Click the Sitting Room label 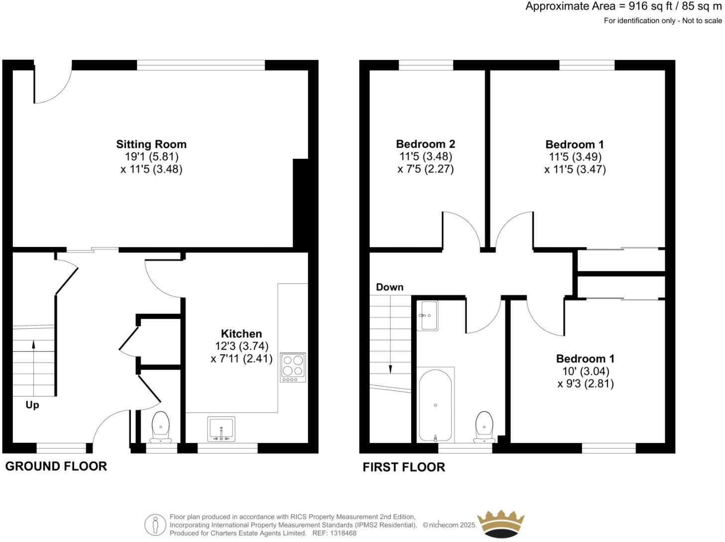tap(151, 144)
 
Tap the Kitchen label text tap(242, 334)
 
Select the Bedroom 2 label tap(425, 144)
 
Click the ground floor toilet tap(160, 426)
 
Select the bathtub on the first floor tap(435, 405)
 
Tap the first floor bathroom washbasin tap(429, 315)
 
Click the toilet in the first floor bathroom tap(484, 426)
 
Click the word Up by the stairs tap(32, 405)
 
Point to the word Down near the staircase tap(389, 287)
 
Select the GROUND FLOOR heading tap(56, 466)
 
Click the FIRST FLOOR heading tap(403, 467)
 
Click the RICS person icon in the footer tap(155, 525)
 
